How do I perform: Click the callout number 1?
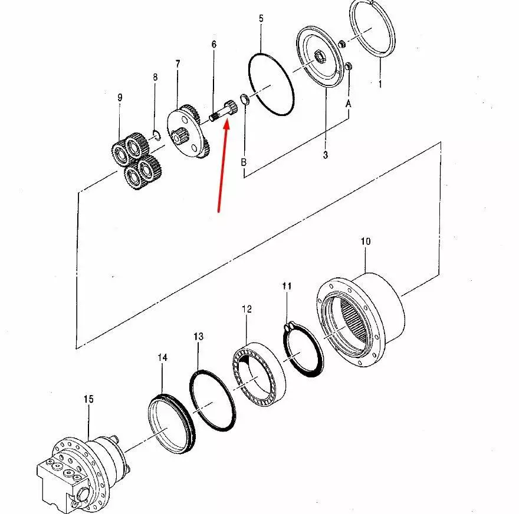pyautogui.click(x=380, y=84)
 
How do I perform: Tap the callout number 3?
pyautogui.click(x=326, y=155)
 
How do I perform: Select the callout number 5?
pyautogui.click(x=261, y=19)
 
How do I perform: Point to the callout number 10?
pyautogui.click(x=365, y=241)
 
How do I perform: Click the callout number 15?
pyautogui.click(x=88, y=399)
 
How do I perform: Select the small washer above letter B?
pyautogui.click(x=244, y=98)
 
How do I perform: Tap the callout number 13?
pyautogui.click(x=198, y=336)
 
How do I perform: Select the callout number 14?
pyautogui.click(x=162, y=357)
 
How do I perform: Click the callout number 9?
pyautogui.click(x=120, y=98)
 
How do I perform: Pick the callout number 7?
pyautogui.click(x=178, y=62)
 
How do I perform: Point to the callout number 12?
pyautogui.click(x=247, y=309)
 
